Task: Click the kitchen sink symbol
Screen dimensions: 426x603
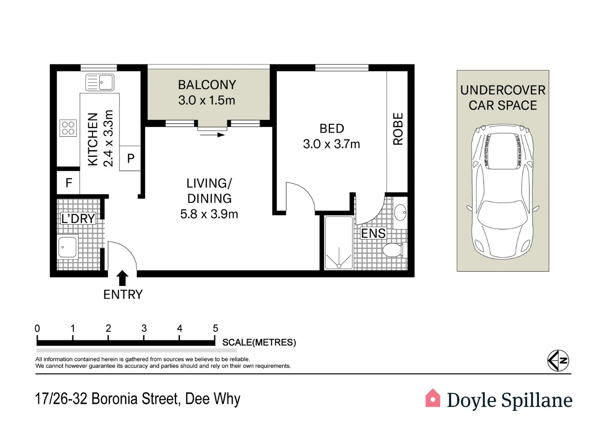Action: point(100,82)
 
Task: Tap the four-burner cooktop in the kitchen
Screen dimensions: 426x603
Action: point(68,128)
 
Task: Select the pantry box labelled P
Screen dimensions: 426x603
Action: point(130,158)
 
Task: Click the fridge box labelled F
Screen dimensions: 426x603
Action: point(69,183)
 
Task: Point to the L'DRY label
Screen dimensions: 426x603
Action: point(78,219)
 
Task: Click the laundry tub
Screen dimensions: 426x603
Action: point(67,247)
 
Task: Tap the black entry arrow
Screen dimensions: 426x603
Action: point(122,278)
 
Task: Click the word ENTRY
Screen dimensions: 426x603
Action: point(123,294)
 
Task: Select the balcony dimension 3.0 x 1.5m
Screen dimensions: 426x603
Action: point(206,100)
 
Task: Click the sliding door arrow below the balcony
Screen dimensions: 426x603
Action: point(212,135)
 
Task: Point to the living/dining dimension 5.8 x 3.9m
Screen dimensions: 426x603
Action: point(209,214)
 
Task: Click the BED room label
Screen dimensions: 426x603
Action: point(331,129)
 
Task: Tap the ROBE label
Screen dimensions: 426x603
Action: point(398,129)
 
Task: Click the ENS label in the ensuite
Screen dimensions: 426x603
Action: point(373,234)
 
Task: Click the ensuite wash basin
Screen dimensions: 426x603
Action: point(400,213)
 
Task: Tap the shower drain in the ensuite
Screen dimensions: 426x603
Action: point(339,266)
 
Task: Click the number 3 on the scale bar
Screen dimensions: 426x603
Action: point(144,328)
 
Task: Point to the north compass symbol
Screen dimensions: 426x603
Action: point(558,361)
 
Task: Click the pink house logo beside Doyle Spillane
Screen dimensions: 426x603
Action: point(433,398)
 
